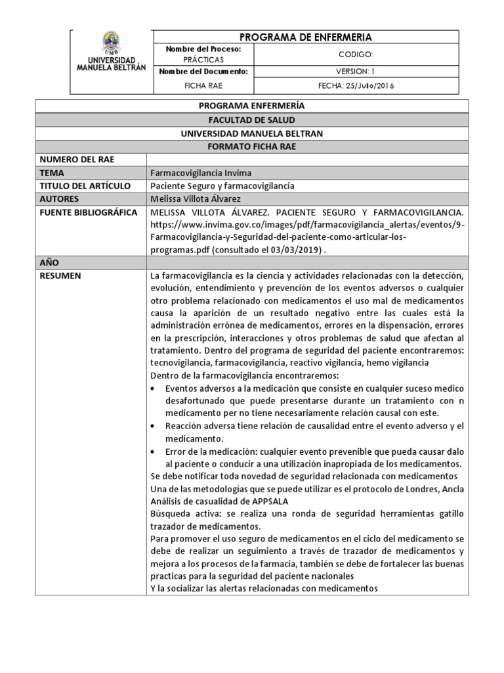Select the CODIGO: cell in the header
pyautogui.click(x=354, y=55)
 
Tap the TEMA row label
pyautogui.click(x=52, y=173)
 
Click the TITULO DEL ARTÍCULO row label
pyautogui.click(x=85, y=186)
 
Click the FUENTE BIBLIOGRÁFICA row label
pyautogui.click(x=89, y=212)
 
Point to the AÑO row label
pyautogui.click(x=51, y=263)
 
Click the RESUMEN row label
pyautogui.click(x=60, y=276)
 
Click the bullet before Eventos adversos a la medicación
pyautogui.click(x=154, y=388)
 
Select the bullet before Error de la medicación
pyautogui.click(x=154, y=452)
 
